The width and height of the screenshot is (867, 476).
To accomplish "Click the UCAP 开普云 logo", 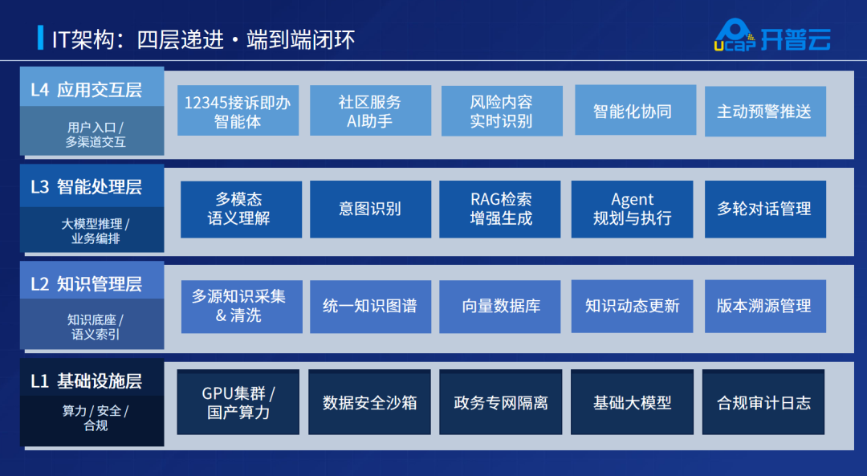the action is (x=772, y=35).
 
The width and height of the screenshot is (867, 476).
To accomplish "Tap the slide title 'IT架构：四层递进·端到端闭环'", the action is (x=203, y=39).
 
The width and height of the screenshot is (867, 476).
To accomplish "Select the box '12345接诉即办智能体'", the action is (x=238, y=111).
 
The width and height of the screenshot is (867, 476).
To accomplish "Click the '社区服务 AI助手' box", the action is (x=370, y=111).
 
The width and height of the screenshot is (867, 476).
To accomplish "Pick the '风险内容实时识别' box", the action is (x=502, y=111).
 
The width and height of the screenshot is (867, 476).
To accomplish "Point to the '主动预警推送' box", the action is (x=765, y=111).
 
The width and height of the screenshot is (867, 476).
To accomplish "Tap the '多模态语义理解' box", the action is (x=241, y=209).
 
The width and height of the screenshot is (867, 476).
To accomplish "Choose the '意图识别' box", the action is (x=370, y=209).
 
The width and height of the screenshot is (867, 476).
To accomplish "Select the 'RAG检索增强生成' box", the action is (x=500, y=209).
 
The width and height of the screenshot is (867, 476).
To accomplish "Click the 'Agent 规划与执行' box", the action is (x=632, y=209).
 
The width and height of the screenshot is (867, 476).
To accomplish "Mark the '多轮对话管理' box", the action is (x=765, y=209).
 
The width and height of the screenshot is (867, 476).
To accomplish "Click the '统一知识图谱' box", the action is (x=370, y=307).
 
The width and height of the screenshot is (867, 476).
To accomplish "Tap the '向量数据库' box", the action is (x=500, y=307).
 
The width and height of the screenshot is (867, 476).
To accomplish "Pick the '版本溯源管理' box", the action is (x=765, y=307).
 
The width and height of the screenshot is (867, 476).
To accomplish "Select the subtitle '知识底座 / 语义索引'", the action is (x=95, y=327).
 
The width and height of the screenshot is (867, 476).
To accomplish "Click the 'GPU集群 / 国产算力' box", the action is (x=238, y=402).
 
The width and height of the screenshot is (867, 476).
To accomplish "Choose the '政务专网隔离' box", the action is (x=500, y=402).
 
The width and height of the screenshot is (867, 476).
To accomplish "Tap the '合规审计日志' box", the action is (x=763, y=402).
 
